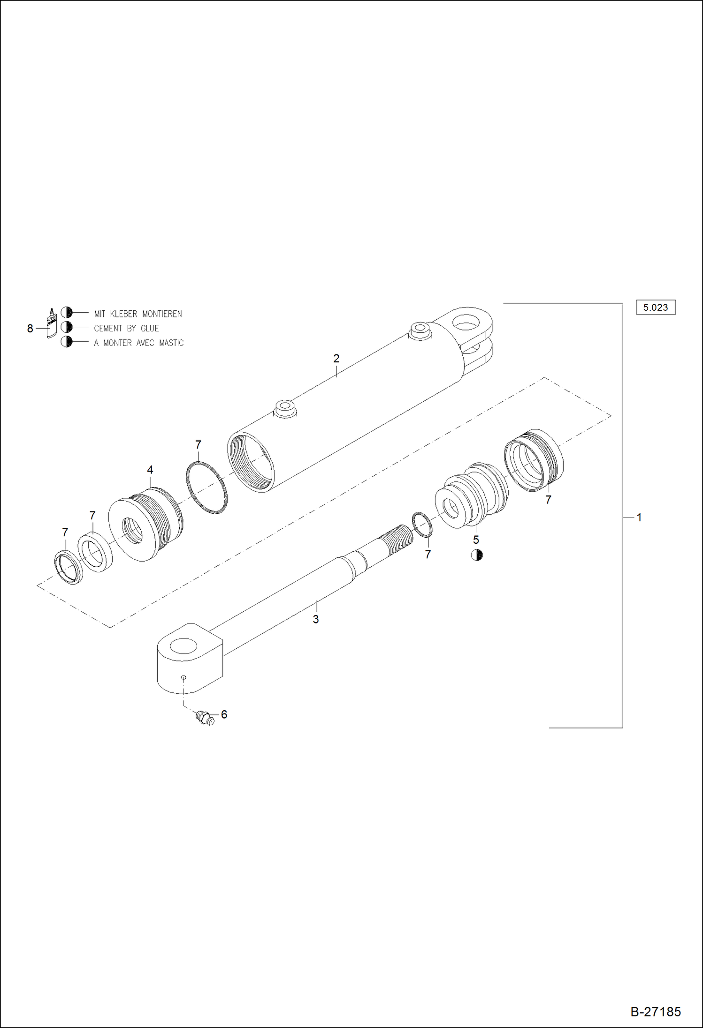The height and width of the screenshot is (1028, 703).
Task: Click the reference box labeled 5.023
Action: point(655,308)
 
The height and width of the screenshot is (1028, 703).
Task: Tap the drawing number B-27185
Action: point(655,1012)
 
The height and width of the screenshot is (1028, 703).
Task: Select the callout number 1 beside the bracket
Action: point(639,518)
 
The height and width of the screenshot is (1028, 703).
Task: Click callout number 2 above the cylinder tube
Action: point(336,359)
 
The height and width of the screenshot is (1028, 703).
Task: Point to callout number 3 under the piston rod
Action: point(316,619)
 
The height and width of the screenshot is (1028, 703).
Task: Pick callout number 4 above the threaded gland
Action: point(150,470)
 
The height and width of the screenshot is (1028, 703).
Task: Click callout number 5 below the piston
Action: point(476,540)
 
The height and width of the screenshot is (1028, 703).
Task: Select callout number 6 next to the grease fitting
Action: point(224,714)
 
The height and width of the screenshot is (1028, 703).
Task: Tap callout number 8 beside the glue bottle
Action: point(30,329)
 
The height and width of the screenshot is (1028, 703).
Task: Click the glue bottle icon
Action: point(51,323)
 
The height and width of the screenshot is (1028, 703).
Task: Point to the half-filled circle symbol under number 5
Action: point(477,555)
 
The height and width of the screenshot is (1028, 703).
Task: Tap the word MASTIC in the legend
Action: point(171,343)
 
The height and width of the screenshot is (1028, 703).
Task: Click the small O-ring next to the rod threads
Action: point(422,525)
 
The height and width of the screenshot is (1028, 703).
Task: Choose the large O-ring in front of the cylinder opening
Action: point(206,488)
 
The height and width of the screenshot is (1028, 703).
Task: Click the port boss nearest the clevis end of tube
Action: point(420,330)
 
